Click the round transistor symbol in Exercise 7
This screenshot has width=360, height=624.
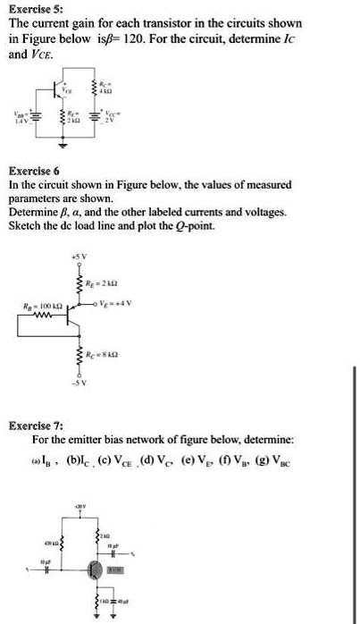tap(92, 568)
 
